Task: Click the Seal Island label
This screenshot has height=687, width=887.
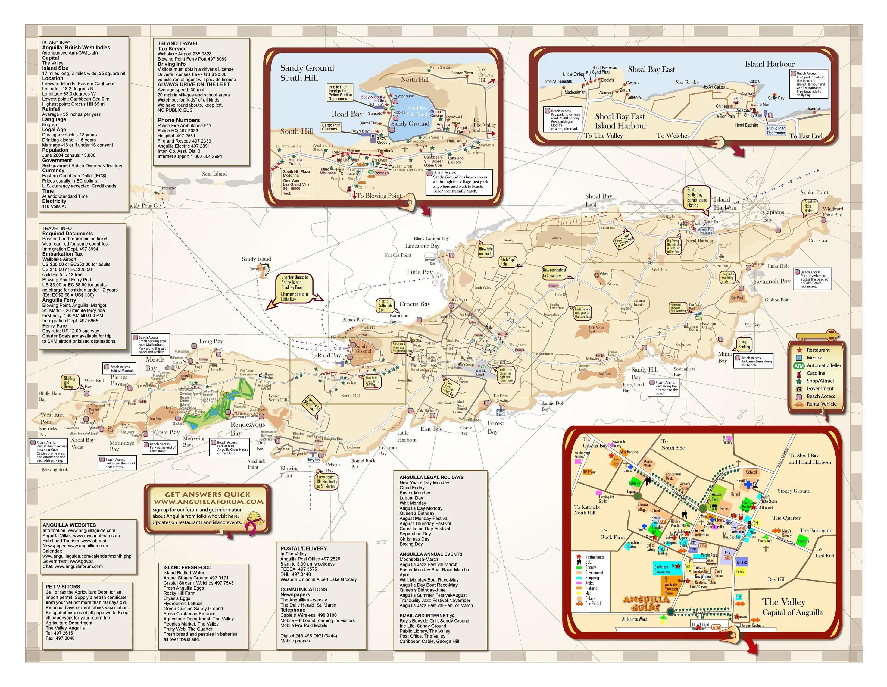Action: [x=214, y=174]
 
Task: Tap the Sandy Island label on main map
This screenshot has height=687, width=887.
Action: [x=256, y=259]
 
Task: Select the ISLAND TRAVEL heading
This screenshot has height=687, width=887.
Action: [x=179, y=43]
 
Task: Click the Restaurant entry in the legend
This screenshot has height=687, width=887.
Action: [x=818, y=350]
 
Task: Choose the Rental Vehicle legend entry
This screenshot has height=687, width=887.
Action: [x=821, y=404]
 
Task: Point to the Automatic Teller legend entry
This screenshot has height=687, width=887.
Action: [x=824, y=365]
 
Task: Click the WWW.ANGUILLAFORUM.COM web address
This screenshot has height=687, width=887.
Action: [x=208, y=502]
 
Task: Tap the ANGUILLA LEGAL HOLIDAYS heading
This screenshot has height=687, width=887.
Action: [x=431, y=477]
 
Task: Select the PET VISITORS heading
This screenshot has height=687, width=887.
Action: [x=63, y=587]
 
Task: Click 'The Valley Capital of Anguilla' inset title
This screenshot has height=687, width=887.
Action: [x=792, y=607]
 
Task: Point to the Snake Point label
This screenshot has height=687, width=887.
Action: [x=814, y=192]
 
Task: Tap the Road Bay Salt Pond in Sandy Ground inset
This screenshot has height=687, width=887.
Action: [x=417, y=111]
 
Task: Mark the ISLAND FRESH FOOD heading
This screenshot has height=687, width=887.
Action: [x=187, y=568]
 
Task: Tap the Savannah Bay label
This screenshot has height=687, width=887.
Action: [x=771, y=281]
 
